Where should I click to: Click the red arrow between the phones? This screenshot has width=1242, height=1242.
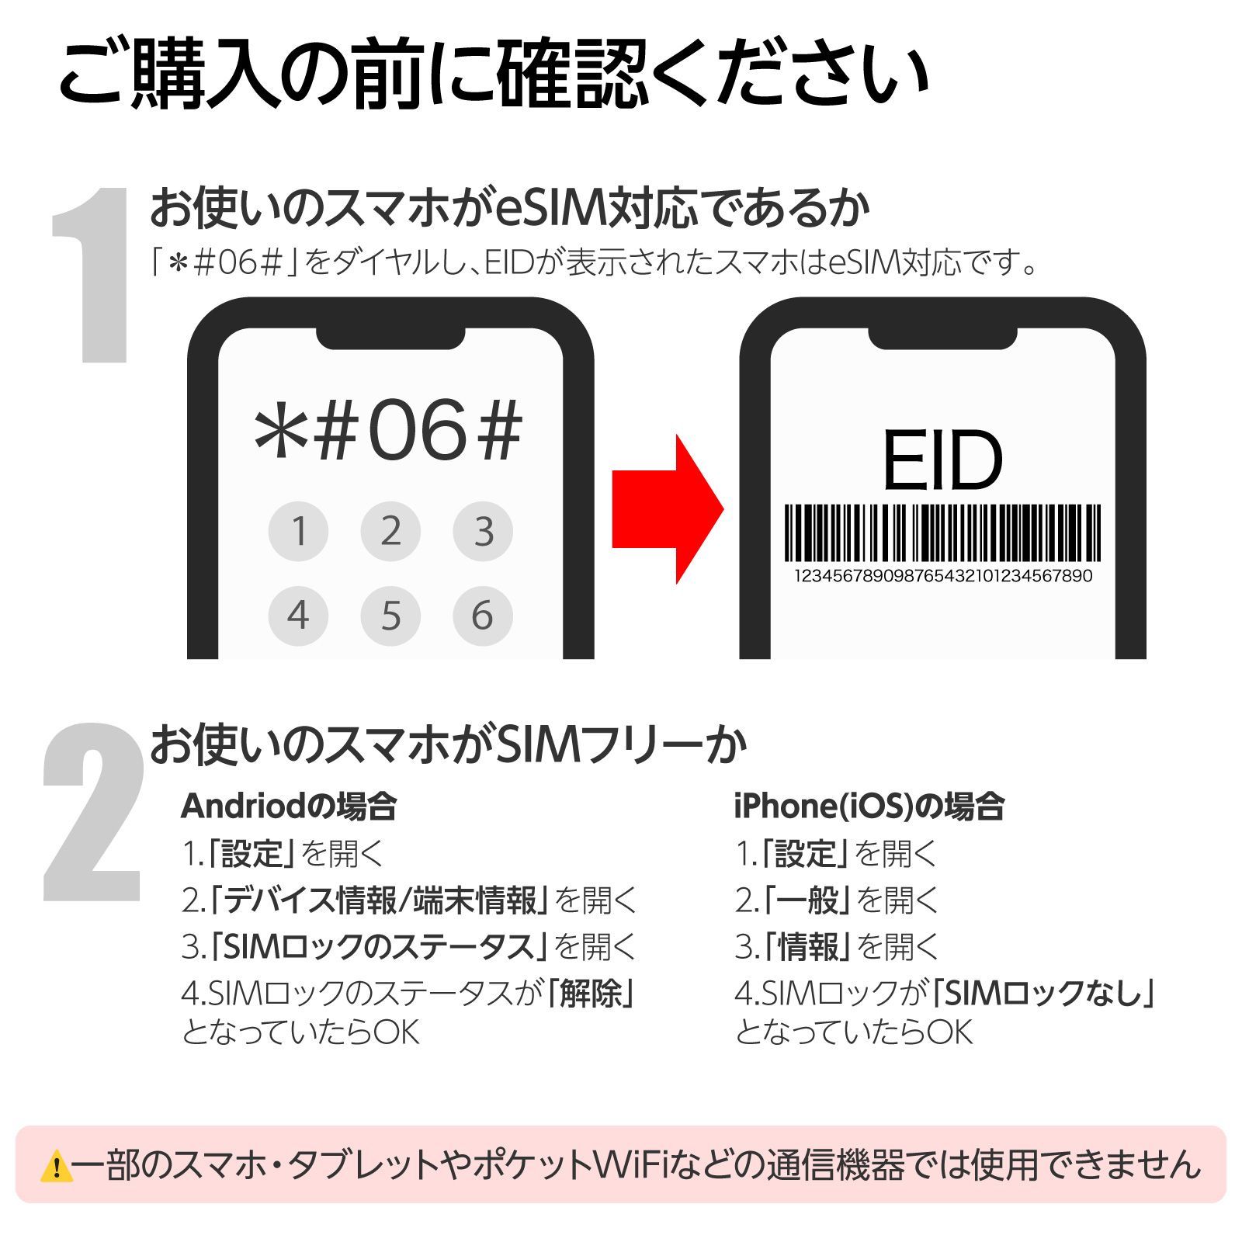(668, 509)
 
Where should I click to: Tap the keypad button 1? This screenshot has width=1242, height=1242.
(298, 531)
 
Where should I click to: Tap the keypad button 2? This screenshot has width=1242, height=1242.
(390, 531)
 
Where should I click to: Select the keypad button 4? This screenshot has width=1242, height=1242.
(298, 616)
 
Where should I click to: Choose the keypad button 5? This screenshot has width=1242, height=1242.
(390, 616)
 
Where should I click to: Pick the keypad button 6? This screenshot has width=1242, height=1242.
(483, 616)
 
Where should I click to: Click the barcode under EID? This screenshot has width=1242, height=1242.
(942, 533)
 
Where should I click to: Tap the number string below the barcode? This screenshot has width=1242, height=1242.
(942, 576)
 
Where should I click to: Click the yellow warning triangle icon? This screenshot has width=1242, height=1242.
(56, 1167)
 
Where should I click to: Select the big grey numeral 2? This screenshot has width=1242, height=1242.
(93, 813)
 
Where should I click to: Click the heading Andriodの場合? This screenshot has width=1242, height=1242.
(289, 807)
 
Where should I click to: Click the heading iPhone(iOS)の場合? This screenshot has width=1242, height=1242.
(869, 807)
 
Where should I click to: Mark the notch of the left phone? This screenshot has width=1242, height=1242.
(390, 335)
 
